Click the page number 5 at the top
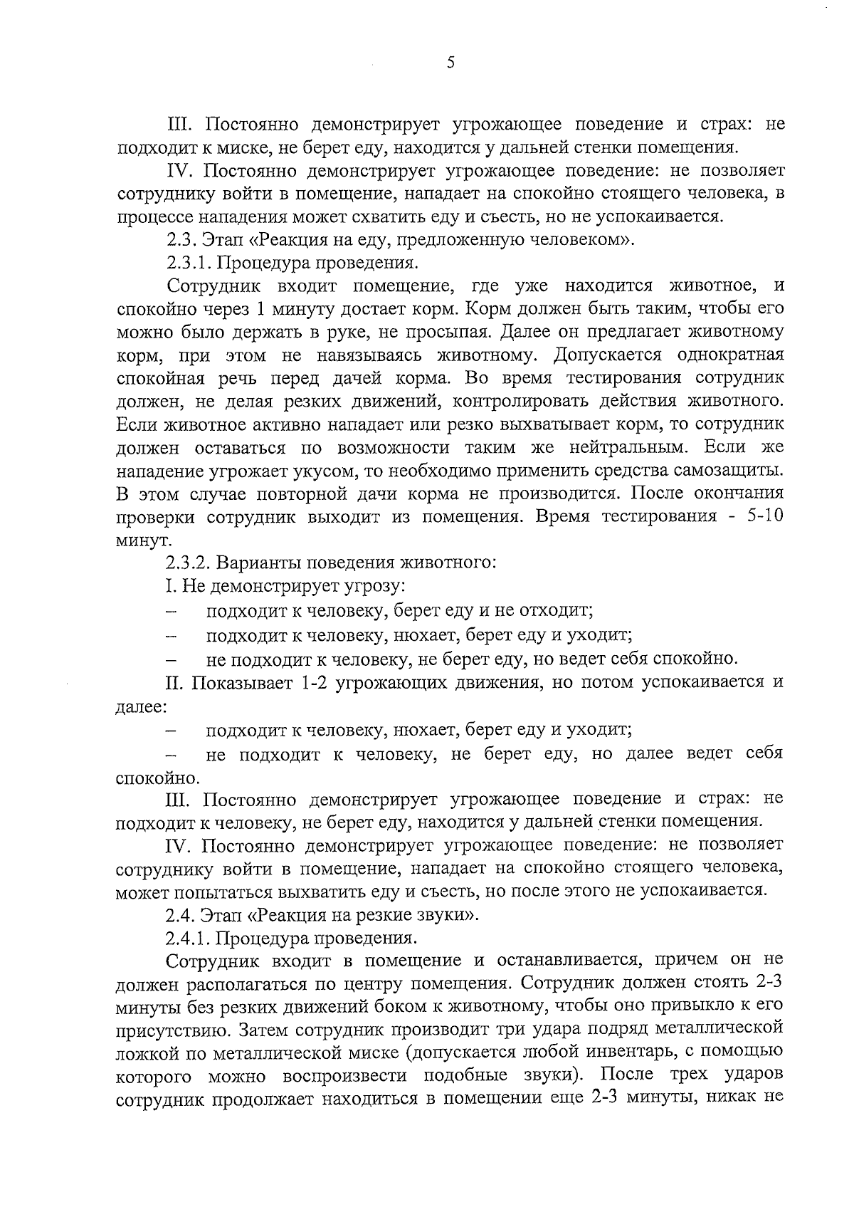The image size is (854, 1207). (x=450, y=63)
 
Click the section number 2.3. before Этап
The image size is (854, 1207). (x=181, y=240)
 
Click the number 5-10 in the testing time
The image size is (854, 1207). (x=762, y=516)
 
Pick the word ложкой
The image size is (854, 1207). (x=142, y=1051)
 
